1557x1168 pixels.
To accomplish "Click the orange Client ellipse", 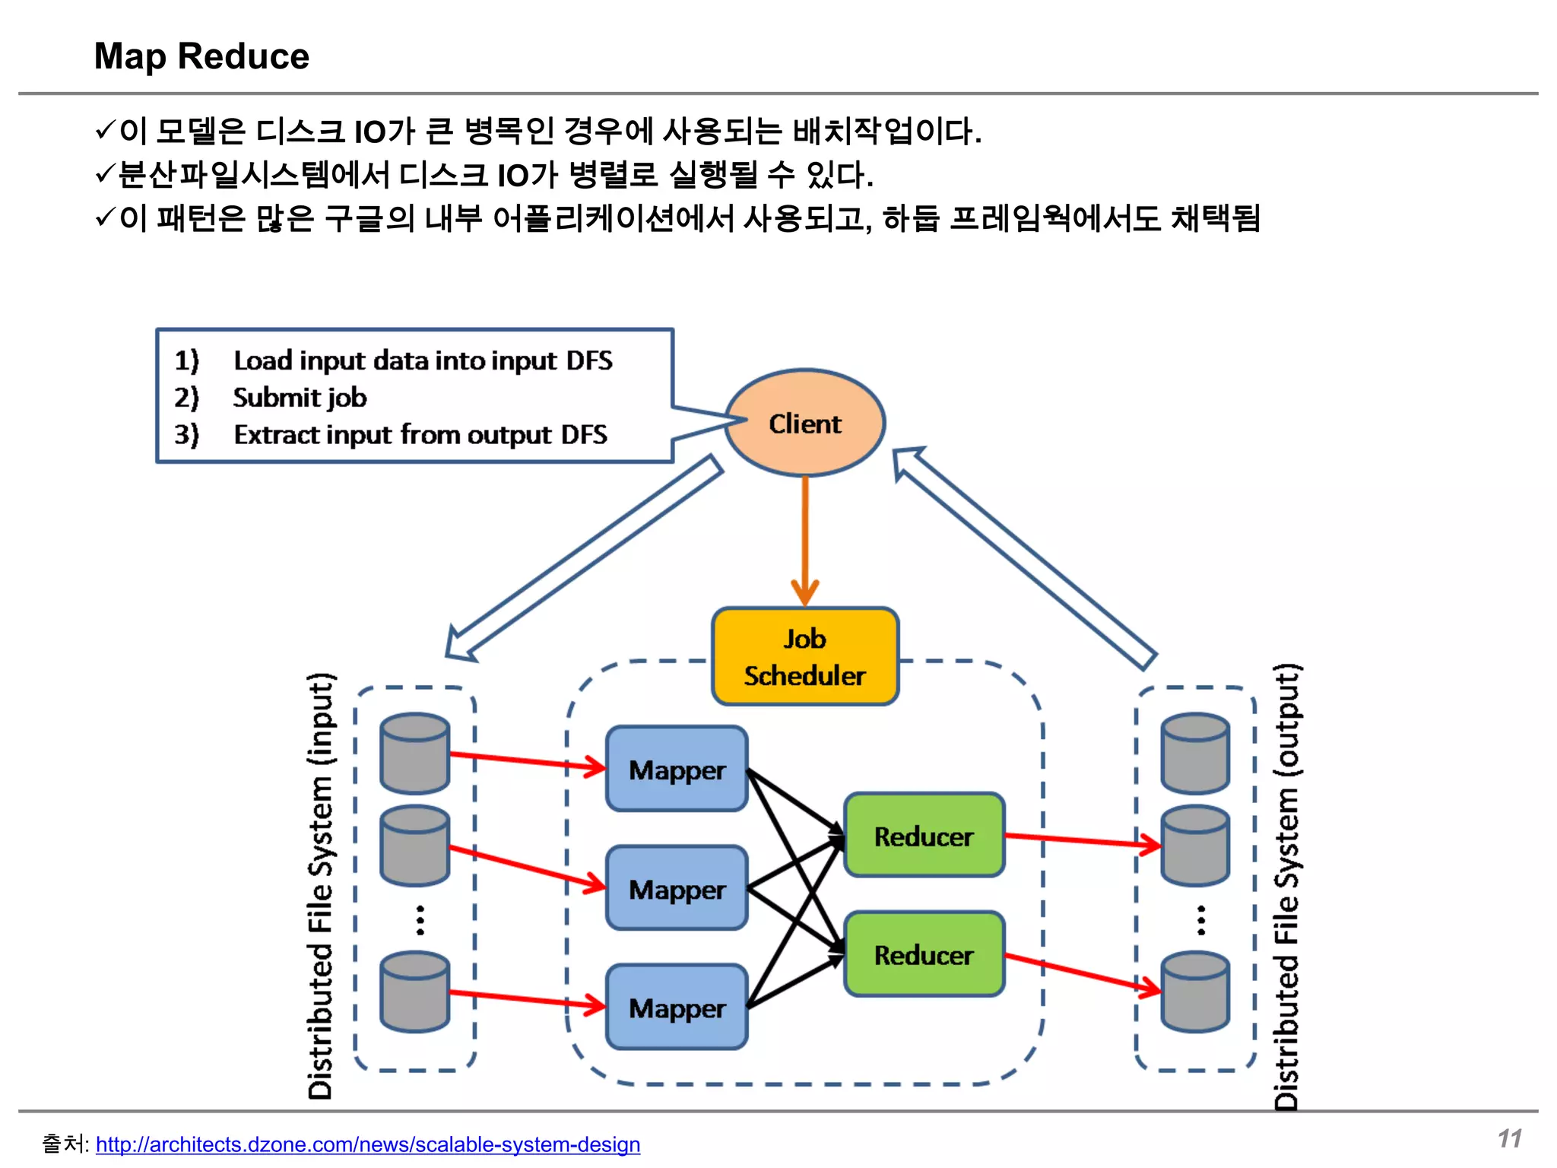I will [804, 423].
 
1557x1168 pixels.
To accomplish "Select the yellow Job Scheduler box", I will [804, 656].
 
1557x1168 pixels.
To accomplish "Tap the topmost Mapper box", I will [677, 769].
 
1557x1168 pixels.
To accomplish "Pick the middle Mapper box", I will [677, 888].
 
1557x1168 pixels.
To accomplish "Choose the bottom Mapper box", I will [677, 1008].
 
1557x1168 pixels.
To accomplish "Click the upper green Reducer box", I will [924, 836].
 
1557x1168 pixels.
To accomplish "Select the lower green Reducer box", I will [924, 954].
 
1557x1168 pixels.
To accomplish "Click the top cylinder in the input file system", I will [414, 753].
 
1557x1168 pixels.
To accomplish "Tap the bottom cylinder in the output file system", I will [1195, 992].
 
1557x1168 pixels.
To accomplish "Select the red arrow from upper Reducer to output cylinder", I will [1080, 839].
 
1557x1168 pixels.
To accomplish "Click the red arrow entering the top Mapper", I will [525, 760].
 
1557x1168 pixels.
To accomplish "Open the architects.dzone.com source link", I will [368, 1144].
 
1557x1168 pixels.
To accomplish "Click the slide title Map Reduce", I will [201, 56].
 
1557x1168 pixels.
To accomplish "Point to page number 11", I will [1510, 1138].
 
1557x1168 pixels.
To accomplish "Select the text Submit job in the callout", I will [300, 397].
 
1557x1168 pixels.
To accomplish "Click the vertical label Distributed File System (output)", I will [1286, 886].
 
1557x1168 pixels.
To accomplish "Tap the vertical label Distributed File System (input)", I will [320, 886].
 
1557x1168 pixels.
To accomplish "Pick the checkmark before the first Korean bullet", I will [105, 130].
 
